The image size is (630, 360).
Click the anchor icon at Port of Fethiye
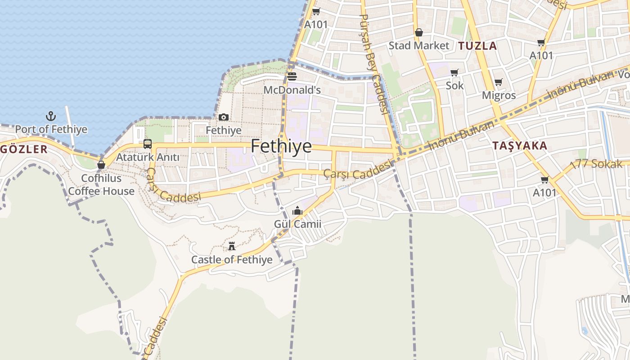tap(51, 117)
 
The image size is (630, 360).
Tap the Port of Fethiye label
tap(51, 130)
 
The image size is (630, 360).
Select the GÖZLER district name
tap(23, 149)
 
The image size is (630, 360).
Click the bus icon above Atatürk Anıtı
tap(148, 144)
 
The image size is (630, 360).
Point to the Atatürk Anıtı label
tap(148, 157)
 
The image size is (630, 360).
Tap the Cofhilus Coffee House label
tap(101, 185)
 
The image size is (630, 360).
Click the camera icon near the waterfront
tap(224, 117)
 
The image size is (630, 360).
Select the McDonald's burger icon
tap(292, 76)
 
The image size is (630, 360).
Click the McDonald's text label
tap(292, 90)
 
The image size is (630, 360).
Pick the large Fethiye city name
tap(281, 146)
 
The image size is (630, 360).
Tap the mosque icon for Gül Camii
tap(297, 211)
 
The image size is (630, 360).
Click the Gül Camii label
tap(297, 224)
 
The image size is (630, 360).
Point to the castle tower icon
tap(232, 246)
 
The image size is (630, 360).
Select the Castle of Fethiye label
tap(232, 260)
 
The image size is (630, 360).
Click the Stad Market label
tap(418, 45)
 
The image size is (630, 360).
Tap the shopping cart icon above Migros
tap(499, 82)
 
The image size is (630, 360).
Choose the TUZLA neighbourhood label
tap(477, 46)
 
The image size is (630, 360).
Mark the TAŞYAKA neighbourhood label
tap(520, 146)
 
